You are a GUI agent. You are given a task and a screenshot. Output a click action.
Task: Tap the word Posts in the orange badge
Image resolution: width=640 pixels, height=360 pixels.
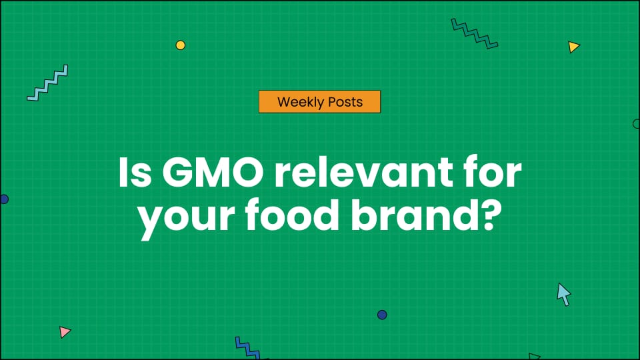click(345, 102)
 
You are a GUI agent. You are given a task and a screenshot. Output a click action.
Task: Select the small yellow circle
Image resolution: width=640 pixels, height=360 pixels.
click(180, 45)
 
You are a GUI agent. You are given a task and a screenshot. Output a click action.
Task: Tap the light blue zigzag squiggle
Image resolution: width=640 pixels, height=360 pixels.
click(47, 83)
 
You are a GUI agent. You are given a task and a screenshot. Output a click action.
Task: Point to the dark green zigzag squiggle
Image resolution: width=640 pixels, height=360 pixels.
click(475, 33)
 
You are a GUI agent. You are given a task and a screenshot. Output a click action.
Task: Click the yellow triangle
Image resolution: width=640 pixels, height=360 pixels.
click(573, 47)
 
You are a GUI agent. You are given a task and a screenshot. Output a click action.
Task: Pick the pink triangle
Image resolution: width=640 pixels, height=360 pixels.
click(64, 331)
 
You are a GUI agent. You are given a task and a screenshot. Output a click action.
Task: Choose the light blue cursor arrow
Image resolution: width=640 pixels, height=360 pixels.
click(564, 293)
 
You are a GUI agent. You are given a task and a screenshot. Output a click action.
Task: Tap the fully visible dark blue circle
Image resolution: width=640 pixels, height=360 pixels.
click(382, 315)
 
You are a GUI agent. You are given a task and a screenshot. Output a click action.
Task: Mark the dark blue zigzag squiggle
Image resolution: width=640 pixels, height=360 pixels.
click(247, 347)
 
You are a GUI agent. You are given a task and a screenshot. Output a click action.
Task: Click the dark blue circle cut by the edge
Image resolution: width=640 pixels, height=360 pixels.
click(3, 199)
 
